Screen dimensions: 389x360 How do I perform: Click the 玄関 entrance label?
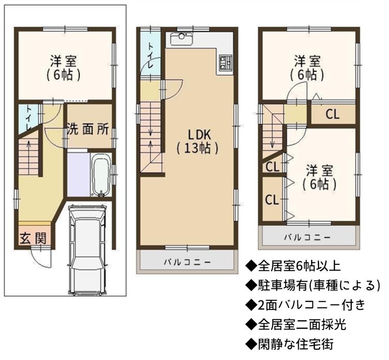(x=33, y=238)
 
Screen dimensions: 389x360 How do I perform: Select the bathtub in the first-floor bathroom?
(x=101, y=175)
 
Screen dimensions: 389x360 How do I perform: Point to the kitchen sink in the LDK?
(x=182, y=39)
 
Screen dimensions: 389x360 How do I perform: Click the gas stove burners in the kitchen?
(x=226, y=62)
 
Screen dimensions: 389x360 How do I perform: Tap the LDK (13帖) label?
(x=198, y=142)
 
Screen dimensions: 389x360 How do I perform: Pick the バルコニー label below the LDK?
(x=187, y=262)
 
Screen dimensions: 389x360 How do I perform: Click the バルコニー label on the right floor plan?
(x=307, y=237)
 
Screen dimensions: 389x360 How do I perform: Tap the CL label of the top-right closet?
(x=332, y=114)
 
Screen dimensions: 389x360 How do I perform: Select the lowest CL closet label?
(x=272, y=200)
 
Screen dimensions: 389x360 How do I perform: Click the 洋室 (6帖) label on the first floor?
(x=63, y=68)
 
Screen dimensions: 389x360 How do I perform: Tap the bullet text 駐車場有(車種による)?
(x=313, y=285)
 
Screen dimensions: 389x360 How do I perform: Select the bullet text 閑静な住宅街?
(x=290, y=344)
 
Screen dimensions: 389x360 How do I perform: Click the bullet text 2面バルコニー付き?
(x=305, y=305)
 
